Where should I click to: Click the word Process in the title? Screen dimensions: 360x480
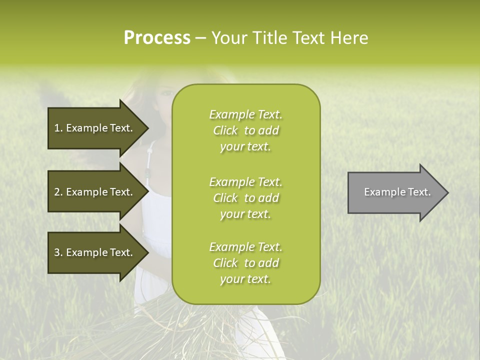157,38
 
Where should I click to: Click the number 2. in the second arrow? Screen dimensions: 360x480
58,192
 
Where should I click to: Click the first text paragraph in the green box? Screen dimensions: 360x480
245,130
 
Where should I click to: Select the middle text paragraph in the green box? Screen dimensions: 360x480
245,198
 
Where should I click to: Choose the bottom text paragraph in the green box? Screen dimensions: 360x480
245,263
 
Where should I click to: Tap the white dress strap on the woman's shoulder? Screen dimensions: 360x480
148,160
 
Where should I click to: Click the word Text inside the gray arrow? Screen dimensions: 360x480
419,192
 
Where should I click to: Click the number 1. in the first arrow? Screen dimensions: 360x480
58,128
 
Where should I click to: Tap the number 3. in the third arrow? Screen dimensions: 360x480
58,253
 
